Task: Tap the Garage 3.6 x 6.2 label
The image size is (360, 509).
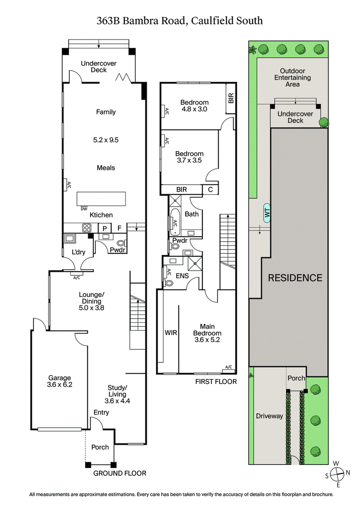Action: [x=59, y=381]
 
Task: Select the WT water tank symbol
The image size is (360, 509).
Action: [x=267, y=213]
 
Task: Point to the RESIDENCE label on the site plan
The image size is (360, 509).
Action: [x=295, y=277]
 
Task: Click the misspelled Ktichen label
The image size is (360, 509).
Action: [x=101, y=215]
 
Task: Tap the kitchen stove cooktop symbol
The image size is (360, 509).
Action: [x=86, y=228]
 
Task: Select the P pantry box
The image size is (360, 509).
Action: [x=105, y=228]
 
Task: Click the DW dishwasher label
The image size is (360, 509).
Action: [x=84, y=208]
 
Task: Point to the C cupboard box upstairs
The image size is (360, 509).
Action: [x=210, y=190]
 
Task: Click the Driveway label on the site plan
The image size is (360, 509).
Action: [x=269, y=416]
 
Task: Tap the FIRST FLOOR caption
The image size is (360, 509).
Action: [x=216, y=382]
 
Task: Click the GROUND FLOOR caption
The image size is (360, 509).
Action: [x=119, y=473]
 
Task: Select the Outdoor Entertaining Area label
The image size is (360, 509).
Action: [x=292, y=77]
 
